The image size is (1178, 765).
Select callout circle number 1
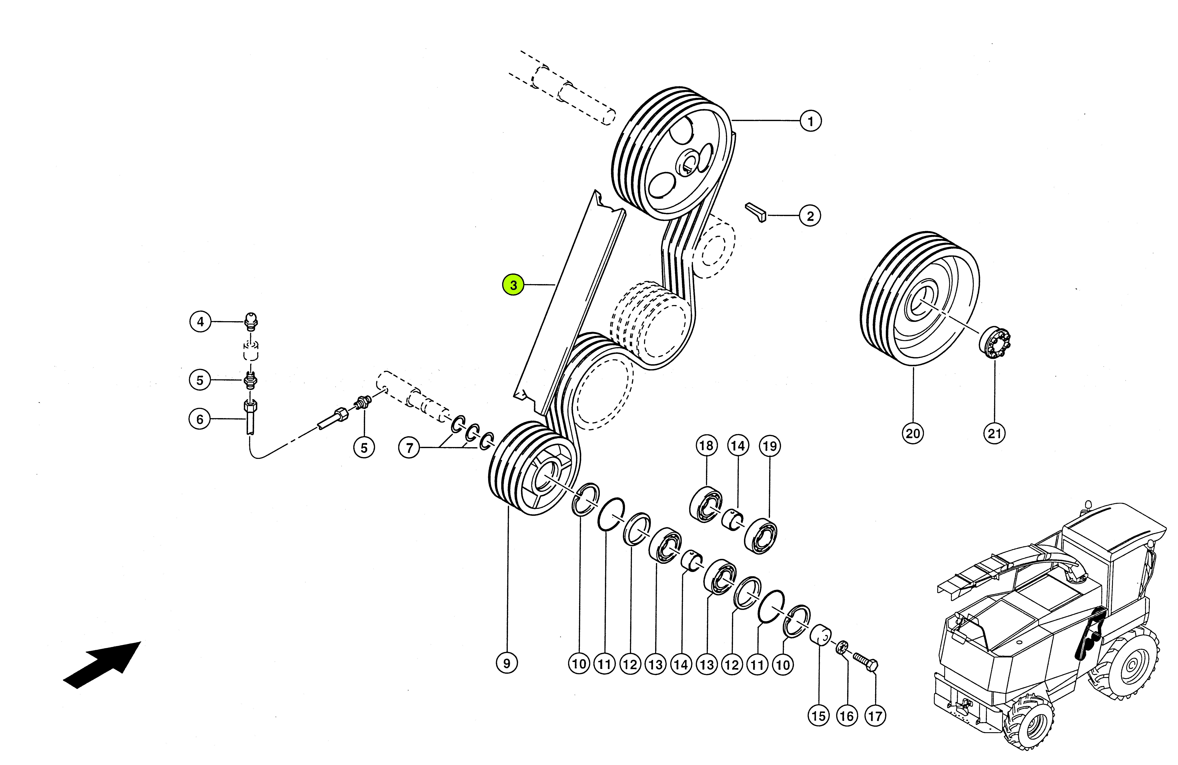[x=810, y=121]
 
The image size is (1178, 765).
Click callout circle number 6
[x=200, y=420]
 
